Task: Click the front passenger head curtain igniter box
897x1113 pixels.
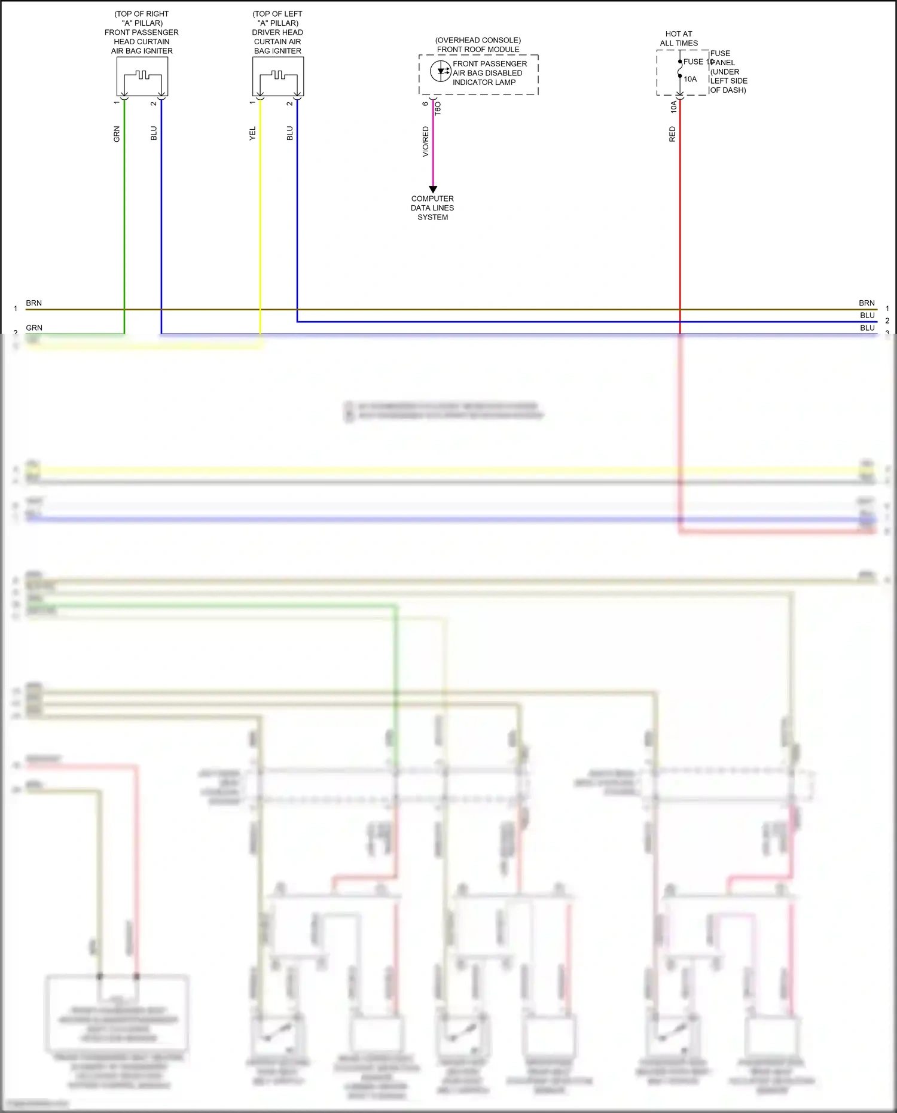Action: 142,76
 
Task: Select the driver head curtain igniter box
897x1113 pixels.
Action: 278,76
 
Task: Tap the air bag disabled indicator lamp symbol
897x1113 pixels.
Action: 441,71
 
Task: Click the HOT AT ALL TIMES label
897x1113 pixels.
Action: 679,38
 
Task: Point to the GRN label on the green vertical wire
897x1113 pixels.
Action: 117,134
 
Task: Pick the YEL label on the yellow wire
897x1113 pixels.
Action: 252,133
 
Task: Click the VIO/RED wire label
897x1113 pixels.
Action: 426,141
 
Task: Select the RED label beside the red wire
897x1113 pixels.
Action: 672,134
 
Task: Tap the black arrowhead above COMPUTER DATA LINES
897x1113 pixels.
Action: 433,189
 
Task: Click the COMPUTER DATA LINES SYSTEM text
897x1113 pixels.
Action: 432,208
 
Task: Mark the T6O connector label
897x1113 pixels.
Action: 438,108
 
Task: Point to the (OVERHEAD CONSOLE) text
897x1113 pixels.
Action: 478,40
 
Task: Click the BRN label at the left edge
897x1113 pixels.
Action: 34,303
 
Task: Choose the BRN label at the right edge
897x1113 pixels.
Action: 867,303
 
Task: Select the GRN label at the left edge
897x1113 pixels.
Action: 34,328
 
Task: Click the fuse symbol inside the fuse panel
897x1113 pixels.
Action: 680,71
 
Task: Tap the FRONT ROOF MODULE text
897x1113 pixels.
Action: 478,50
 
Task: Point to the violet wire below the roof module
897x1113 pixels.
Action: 433,155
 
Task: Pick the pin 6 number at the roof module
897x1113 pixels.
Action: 426,104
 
